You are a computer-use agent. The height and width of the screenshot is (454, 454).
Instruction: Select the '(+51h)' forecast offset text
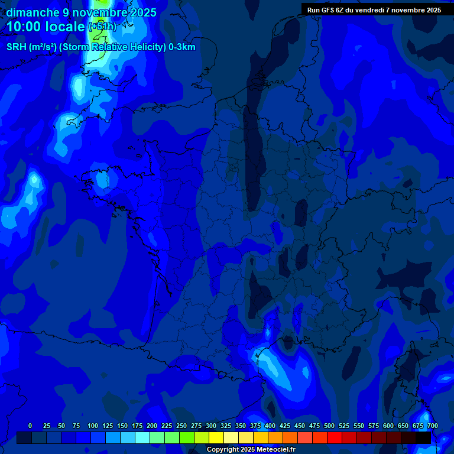[x=102, y=27]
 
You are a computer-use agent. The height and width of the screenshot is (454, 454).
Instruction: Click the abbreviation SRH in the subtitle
[x=16, y=47]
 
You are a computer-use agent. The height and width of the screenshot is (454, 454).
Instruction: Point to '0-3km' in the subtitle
[x=181, y=47]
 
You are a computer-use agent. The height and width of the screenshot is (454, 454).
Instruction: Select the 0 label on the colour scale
[x=30, y=426]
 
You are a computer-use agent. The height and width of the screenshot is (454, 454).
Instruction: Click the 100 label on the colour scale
[x=93, y=426]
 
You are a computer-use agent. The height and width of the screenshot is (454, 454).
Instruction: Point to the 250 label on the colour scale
[x=181, y=426]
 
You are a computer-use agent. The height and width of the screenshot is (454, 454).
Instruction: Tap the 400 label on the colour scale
[x=270, y=426]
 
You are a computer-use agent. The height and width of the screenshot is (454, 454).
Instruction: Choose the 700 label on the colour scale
[x=432, y=426]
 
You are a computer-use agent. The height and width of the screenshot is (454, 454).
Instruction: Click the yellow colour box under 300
[x=216, y=438]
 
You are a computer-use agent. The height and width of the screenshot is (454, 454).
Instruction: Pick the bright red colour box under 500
[x=335, y=438]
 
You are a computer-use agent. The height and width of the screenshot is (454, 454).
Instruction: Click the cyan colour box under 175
[x=142, y=438]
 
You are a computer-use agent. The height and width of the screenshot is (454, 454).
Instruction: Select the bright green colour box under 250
[x=187, y=438]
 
